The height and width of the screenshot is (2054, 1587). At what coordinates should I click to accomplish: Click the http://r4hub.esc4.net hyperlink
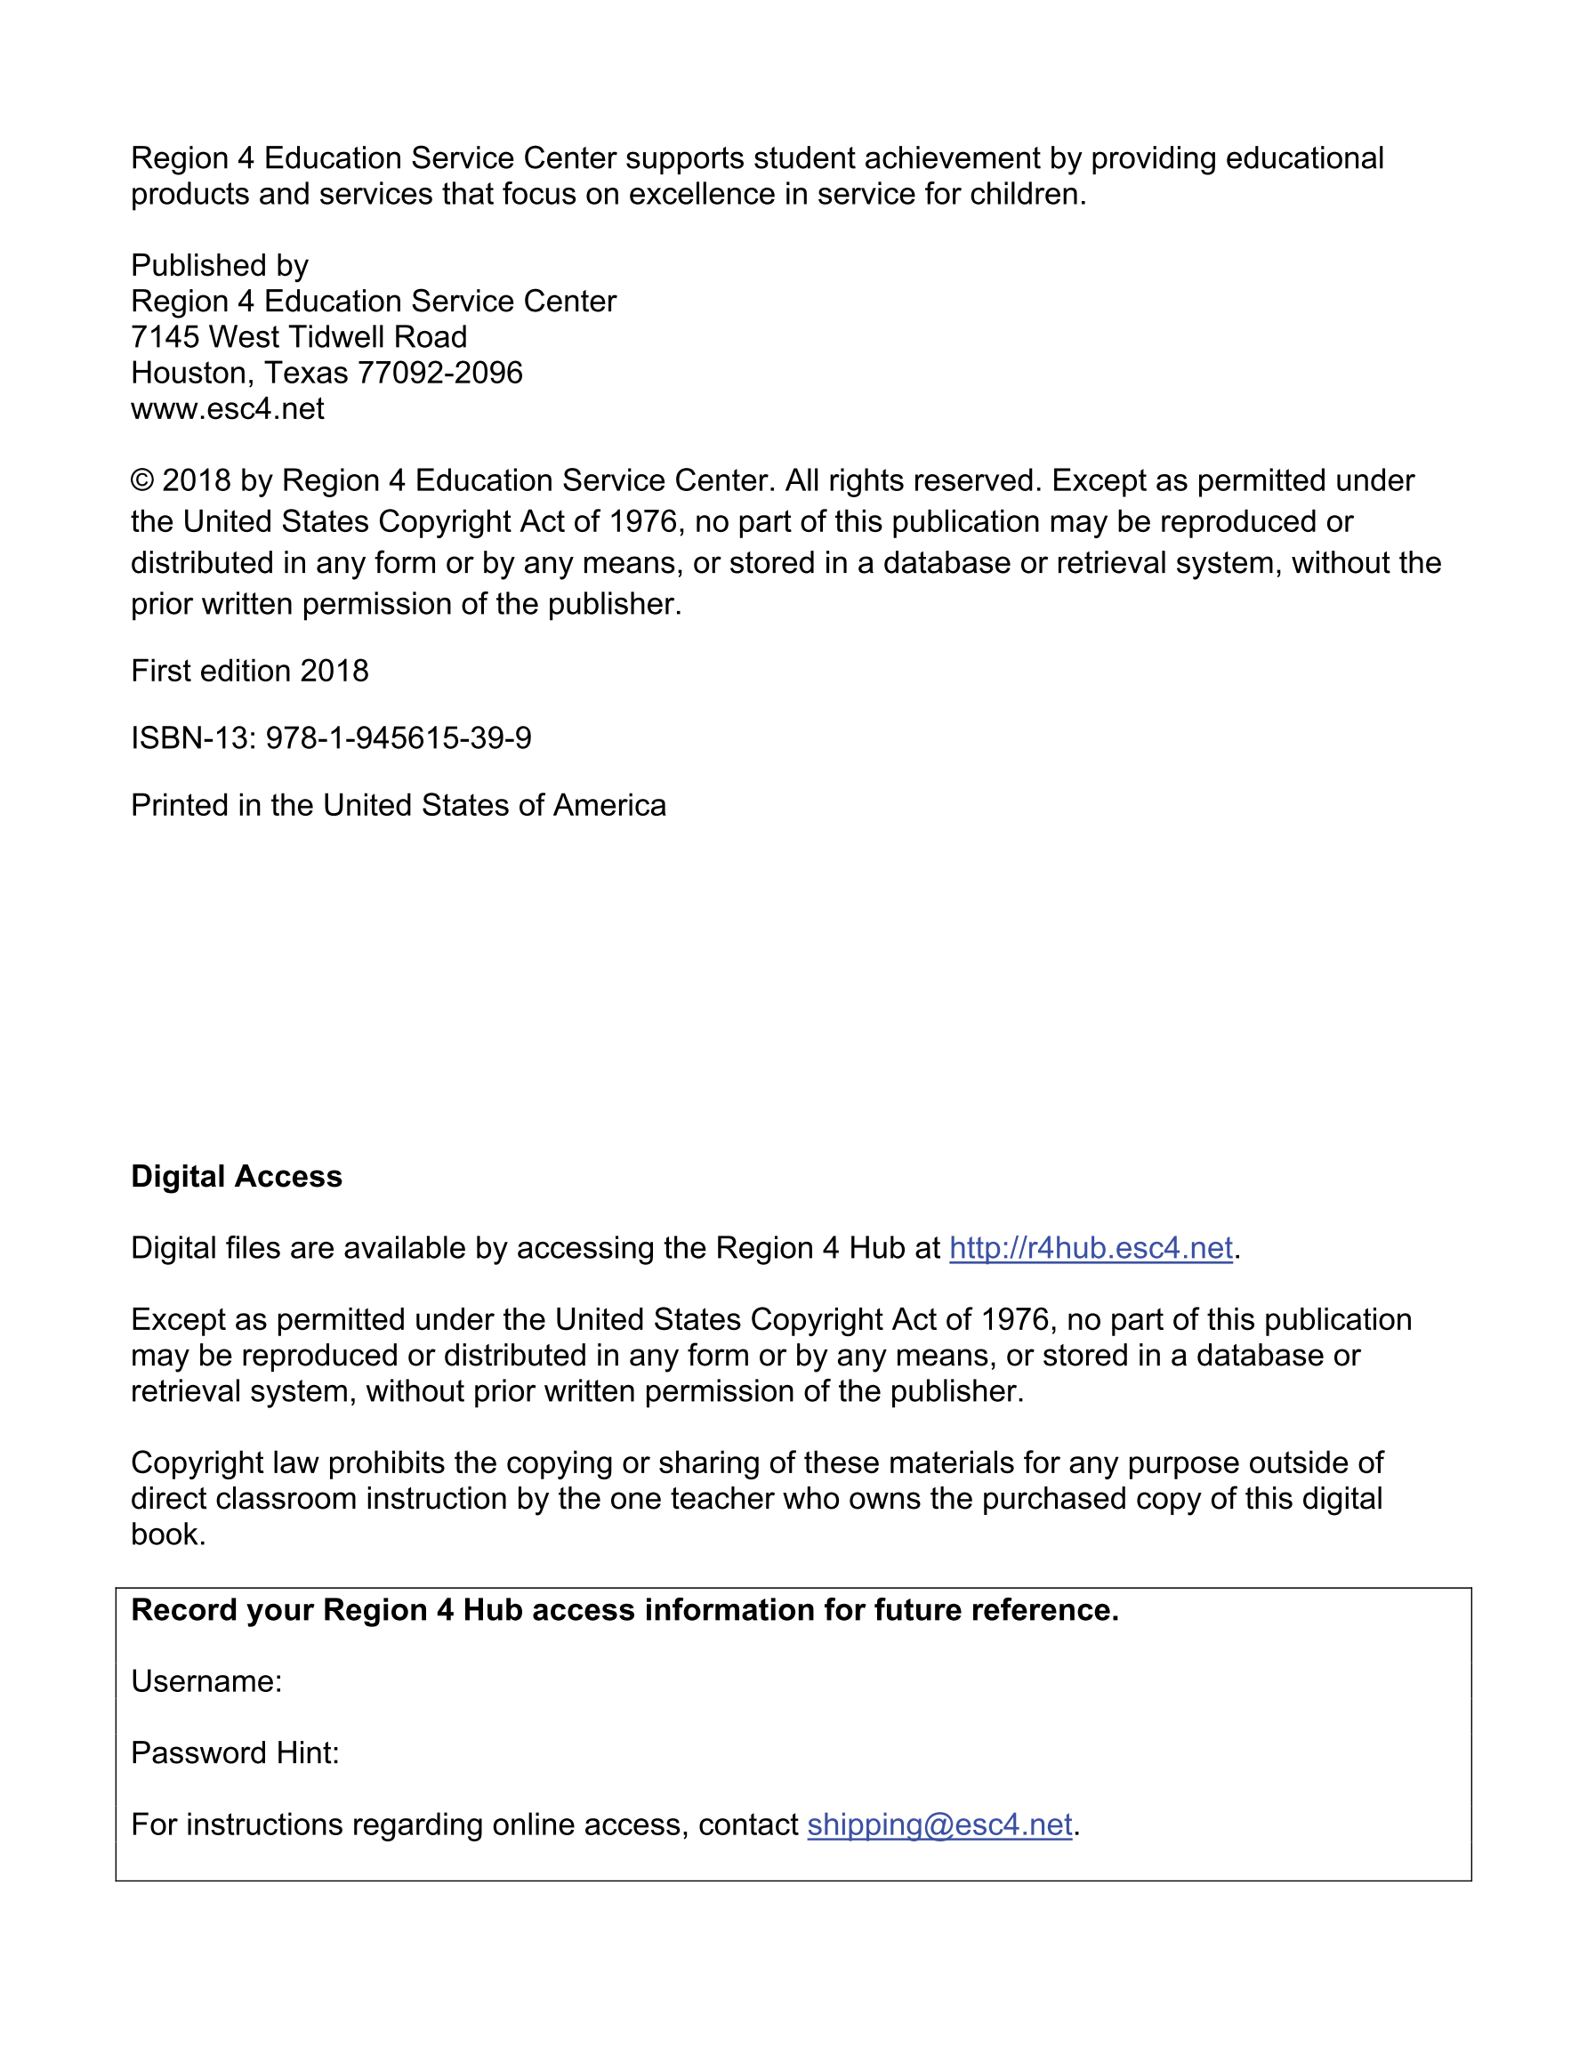tap(1091, 1248)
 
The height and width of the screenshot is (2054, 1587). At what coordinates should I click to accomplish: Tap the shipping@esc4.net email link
tap(939, 1824)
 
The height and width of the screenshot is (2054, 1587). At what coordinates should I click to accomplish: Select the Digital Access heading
tap(236, 1177)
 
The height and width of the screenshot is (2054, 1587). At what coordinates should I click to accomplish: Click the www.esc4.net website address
tap(228, 409)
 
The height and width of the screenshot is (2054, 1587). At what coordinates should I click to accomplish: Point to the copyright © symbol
tap(142, 480)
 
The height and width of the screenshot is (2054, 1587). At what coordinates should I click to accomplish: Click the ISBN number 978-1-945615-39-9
tap(398, 738)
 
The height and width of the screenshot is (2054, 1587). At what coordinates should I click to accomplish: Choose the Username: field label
tap(206, 1681)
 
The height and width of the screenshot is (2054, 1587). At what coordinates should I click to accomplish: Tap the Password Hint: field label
tap(234, 1753)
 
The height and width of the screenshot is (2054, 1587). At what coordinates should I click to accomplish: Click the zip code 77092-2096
tap(440, 374)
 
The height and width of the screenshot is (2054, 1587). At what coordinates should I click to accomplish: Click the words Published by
tap(219, 266)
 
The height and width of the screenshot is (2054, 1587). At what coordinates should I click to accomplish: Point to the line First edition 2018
tap(249, 672)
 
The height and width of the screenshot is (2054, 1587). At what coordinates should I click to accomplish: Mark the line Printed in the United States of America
tap(398, 806)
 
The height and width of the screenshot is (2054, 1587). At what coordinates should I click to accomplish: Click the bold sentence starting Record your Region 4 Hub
tap(624, 1610)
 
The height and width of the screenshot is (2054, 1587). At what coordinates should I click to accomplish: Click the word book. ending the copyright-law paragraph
tap(167, 1534)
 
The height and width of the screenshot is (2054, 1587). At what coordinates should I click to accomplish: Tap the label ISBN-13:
tap(193, 738)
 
